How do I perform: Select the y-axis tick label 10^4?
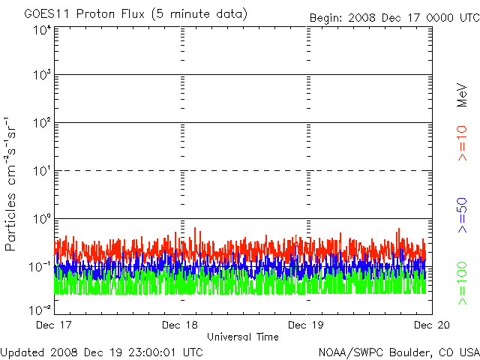pyautogui.click(x=42, y=31)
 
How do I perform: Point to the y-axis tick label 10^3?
pyautogui.click(x=42, y=76)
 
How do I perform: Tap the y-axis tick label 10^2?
pyautogui.click(x=42, y=124)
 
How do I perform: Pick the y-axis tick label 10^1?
pyautogui.click(x=42, y=172)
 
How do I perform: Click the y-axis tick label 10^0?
pyautogui.click(x=42, y=220)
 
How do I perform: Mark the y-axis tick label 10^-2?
pyautogui.click(x=40, y=309)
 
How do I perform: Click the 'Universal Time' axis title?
pyautogui.click(x=242, y=337)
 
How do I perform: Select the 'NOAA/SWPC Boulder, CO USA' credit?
pyautogui.click(x=398, y=351)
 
